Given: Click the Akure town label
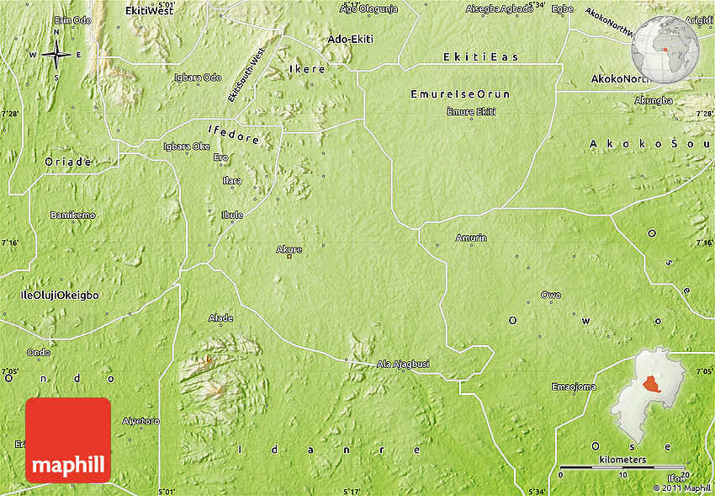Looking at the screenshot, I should click(x=289, y=249).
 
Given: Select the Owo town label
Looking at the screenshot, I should click(x=551, y=295).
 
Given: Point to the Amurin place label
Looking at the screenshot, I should click(x=471, y=238).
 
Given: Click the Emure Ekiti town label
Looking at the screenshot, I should click(x=471, y=111).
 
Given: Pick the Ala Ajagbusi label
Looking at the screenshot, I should click(x=403, y=364).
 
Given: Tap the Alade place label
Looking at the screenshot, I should click(x=220, y=317).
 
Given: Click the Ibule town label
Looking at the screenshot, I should click(x=232, y=215).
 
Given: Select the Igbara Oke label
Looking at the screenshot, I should click(x=186, y=146).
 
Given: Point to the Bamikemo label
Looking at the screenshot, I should click(x=72, y=215).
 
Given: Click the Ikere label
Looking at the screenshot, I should click(x=306, y=69).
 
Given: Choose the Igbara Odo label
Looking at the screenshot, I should click(x=198, y=77).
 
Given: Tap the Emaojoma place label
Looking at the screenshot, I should click(x=574, y=387).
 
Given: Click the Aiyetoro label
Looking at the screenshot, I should click(x=140, y=419).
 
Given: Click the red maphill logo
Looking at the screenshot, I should click(x=68, y=440).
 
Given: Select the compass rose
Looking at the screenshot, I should click(x=56, y=55).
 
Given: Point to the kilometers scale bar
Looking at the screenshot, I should click(x=622, y=466).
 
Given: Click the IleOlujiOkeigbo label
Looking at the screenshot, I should click(x=60, y=296).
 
